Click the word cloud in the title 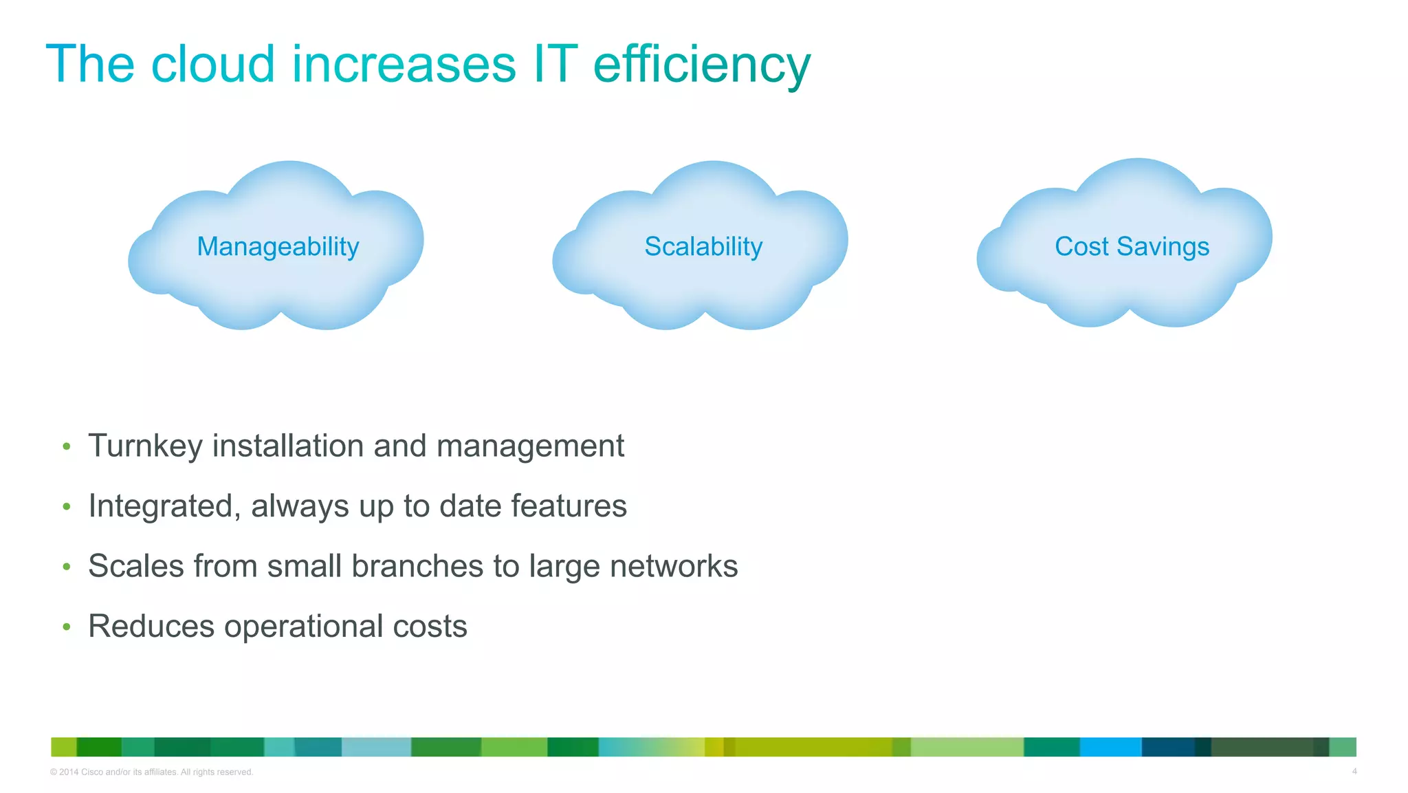click(x=212, y=64)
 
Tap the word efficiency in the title click(x=701, y=65)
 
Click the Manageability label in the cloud click(x=278, y=246)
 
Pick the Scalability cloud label click(x=703, y=246)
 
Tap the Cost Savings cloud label click(x=1132, y=246)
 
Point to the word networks click(x=673, y=566)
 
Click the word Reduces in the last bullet click(x=151, y=627)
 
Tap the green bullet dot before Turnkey click(x=67, y=447)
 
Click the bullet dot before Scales click(x=67, y=567)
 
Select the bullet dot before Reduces click(x=67, y=627)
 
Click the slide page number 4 click(x=1354, y=771)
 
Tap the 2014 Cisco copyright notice click(x=151, y=772)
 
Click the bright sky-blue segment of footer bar click(x=1110, y=747)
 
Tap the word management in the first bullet click(x=530, y=446)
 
